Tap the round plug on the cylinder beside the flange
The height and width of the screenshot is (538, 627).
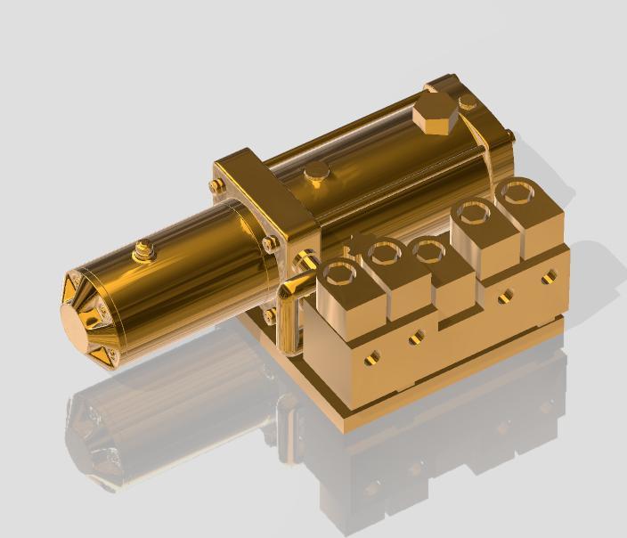[315, 173]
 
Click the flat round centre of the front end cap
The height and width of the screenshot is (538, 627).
[78, 320]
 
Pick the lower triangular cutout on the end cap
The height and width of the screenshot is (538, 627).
[100, 355]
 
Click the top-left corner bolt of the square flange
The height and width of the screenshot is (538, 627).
[217, 185]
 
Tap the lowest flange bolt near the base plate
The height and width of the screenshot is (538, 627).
[268, 316]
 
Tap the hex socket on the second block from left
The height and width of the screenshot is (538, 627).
[385, 254]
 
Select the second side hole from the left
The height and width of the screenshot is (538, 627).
[416, 338]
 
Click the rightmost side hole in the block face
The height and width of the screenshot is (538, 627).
[546, 278]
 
